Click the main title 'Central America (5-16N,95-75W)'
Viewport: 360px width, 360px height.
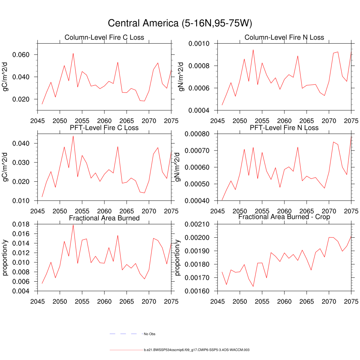180,23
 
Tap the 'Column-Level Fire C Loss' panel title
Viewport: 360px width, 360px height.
104,38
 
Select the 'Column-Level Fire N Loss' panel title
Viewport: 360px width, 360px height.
284,38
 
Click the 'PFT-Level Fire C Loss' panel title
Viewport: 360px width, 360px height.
104,128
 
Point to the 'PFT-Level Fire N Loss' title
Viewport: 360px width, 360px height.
284,128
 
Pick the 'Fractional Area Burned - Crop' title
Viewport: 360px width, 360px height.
284,217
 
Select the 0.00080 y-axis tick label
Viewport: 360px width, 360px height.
198,134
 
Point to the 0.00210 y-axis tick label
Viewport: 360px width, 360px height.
198,224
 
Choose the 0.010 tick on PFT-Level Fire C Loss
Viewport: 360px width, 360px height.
22,201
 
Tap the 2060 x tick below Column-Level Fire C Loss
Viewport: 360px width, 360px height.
104,121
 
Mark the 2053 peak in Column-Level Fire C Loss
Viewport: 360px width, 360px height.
73,53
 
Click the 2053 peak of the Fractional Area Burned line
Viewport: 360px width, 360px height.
73,225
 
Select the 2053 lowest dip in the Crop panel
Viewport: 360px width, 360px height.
253,287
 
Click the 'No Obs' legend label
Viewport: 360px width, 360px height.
149,334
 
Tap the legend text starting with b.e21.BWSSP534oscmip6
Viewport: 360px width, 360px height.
197,350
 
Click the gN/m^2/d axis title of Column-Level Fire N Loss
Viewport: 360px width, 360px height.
181,77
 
